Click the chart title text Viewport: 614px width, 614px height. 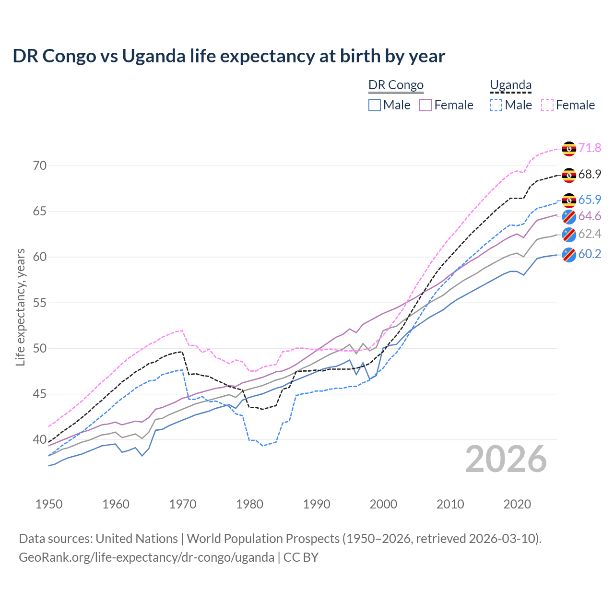(x=229, y=56)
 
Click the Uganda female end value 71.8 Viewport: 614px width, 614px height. (x=590, y=148)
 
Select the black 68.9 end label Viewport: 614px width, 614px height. (x=590, y=174)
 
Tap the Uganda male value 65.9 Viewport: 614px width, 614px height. (x=590, y=200)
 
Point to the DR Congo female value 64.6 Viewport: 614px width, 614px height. (x=590, y=216)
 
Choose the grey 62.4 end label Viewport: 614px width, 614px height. (x=590, y=234)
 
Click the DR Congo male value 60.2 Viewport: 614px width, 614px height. (x=590, y=254)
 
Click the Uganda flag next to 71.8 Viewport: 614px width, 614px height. (x=569, y=149)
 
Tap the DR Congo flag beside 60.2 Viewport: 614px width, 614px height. (x=569, y=255)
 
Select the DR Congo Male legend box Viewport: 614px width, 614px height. (x=375, y=105)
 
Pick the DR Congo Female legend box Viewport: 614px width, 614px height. (x=425, y=105)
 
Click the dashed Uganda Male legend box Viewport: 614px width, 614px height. (x=496, y=105)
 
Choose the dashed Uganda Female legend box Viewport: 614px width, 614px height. (x=547, y=105)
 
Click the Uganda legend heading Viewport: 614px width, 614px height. (x=510, y=85)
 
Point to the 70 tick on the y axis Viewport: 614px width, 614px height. (x=40, y=166)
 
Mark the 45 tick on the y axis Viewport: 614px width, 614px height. (x=40, y=394)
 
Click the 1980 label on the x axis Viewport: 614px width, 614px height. (x=249, y=504)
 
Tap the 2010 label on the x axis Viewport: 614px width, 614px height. (x=450, y=504)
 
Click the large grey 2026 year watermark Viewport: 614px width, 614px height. (x=506, y=460)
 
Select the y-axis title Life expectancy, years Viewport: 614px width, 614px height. (x=21, y=307)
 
